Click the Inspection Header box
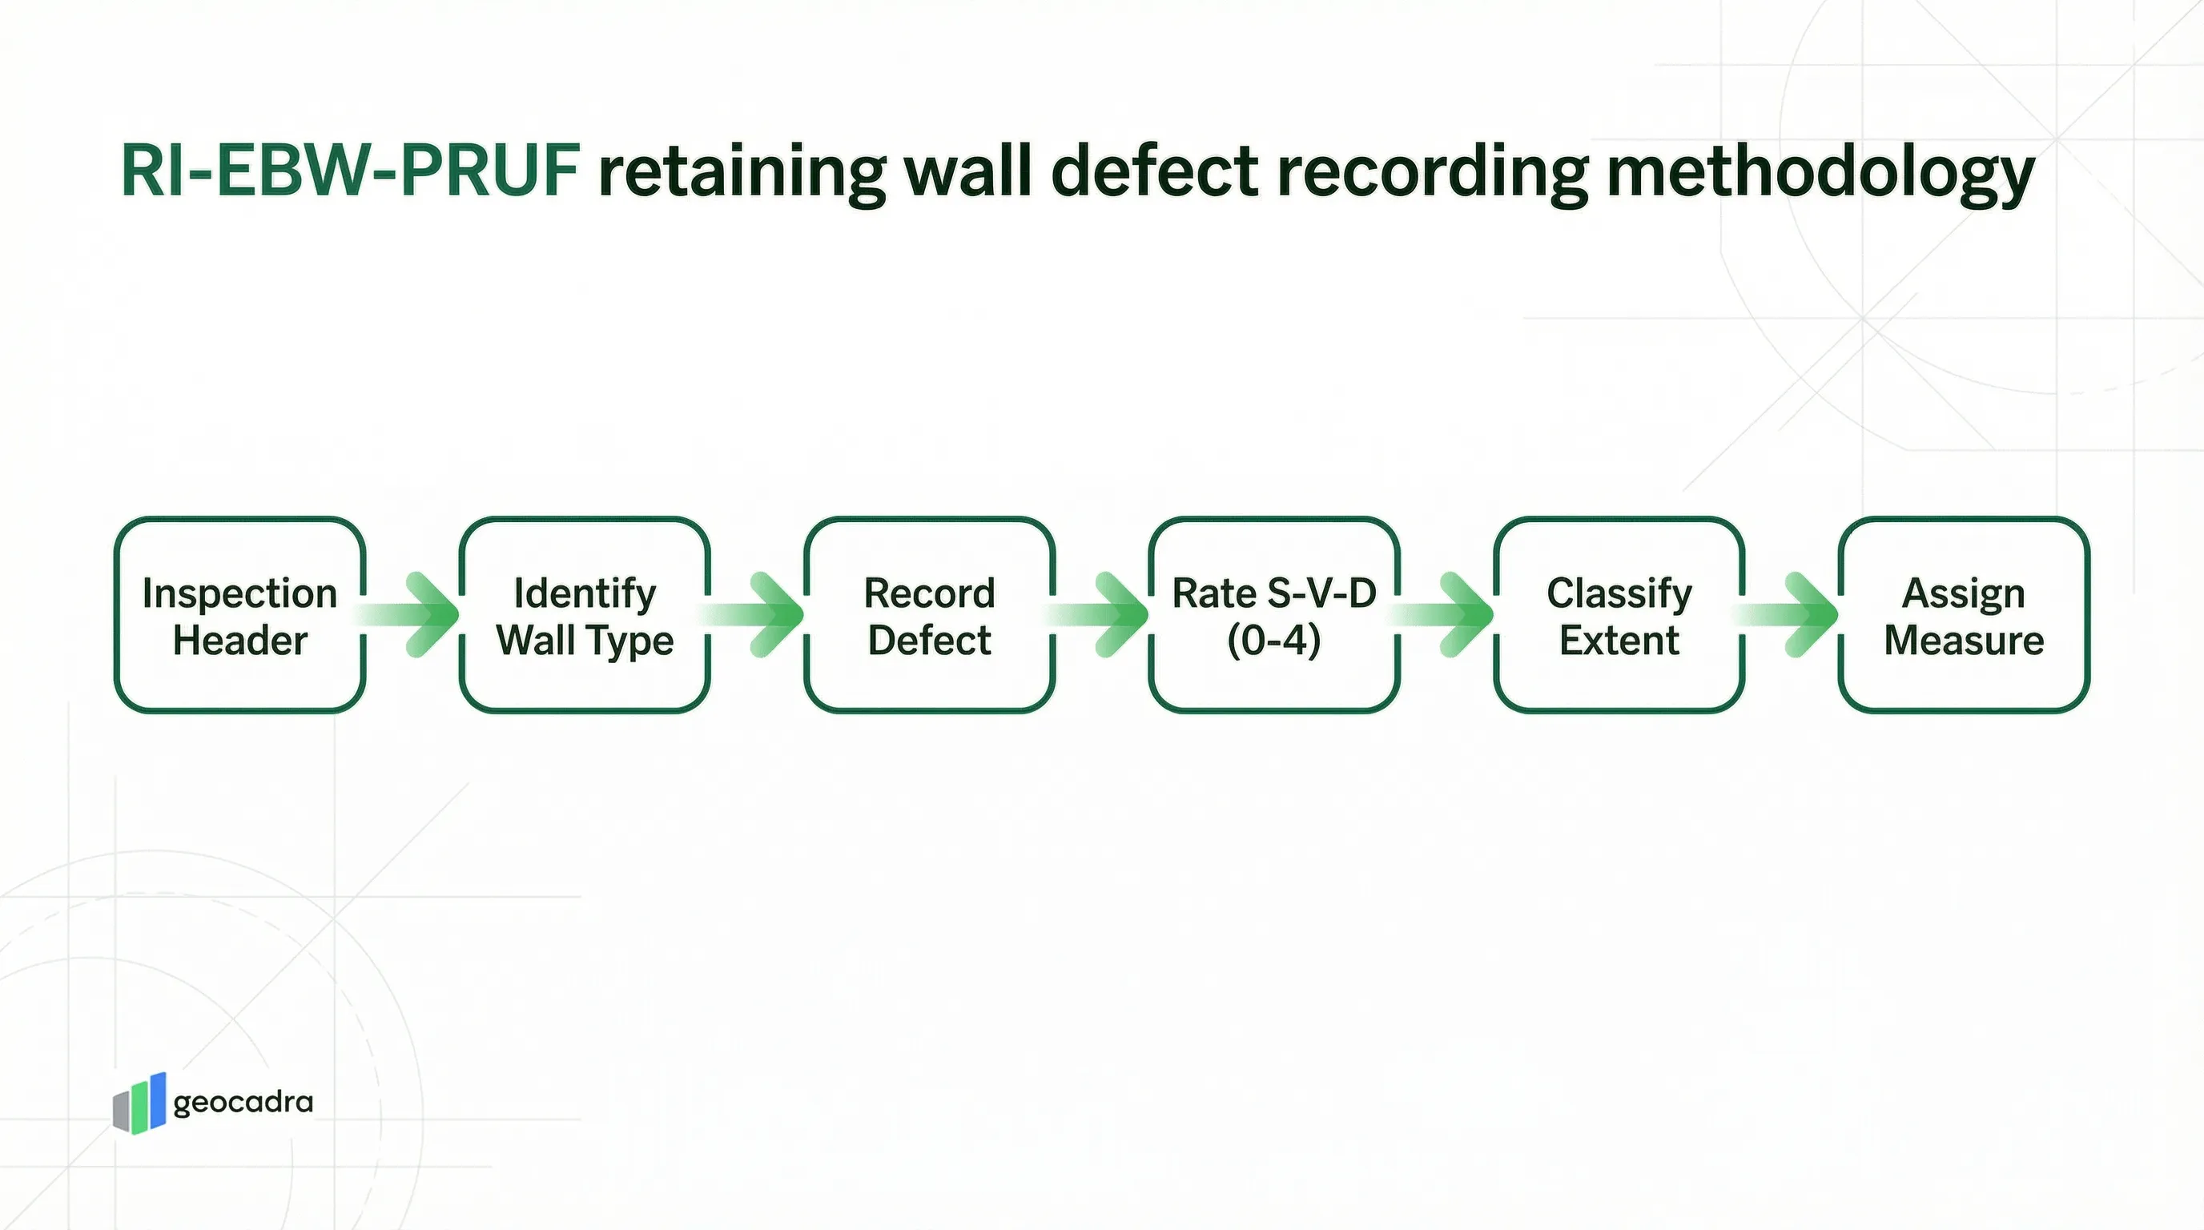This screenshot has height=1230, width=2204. (239, 615)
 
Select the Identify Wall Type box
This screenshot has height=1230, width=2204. (585, 615)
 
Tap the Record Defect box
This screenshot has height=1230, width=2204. (929, 615)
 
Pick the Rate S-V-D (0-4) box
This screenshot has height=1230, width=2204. (1274, 615)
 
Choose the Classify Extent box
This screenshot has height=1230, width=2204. (1619, 615)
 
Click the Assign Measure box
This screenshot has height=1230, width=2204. (1964, 615)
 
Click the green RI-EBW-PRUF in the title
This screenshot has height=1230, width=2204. (350, 171)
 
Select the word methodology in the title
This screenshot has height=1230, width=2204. (1820, 172)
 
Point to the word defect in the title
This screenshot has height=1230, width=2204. (1154, 171)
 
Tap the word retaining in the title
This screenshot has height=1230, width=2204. (741, 172)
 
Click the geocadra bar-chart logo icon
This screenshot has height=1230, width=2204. (139, 1103)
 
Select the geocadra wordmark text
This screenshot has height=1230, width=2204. (243, 1103)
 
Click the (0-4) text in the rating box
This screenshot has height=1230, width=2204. (1274, 640)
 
